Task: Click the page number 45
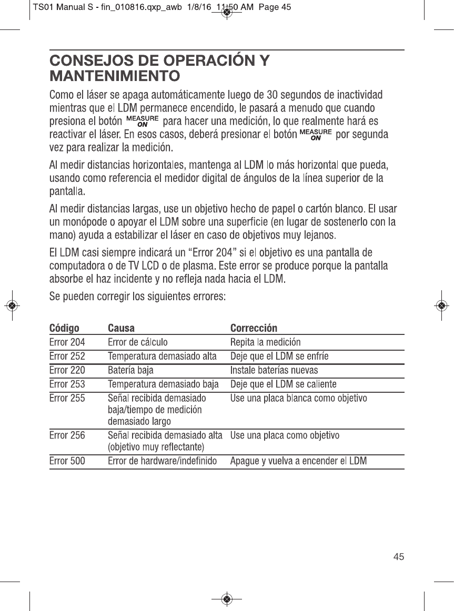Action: (399, 556)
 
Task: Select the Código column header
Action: (64, 329)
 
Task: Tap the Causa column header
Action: (121, 329)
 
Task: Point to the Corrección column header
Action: (254, 329)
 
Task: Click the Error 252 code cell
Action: (67, 357)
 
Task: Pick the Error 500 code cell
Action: (67, 462)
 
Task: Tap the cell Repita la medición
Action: (266, 343)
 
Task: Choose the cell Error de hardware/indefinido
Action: (162, 462)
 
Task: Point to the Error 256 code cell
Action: (67, 435)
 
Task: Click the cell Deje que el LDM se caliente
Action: (284, 384)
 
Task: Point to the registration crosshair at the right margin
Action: (442, 305)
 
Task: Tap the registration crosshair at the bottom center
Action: (226, 598)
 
